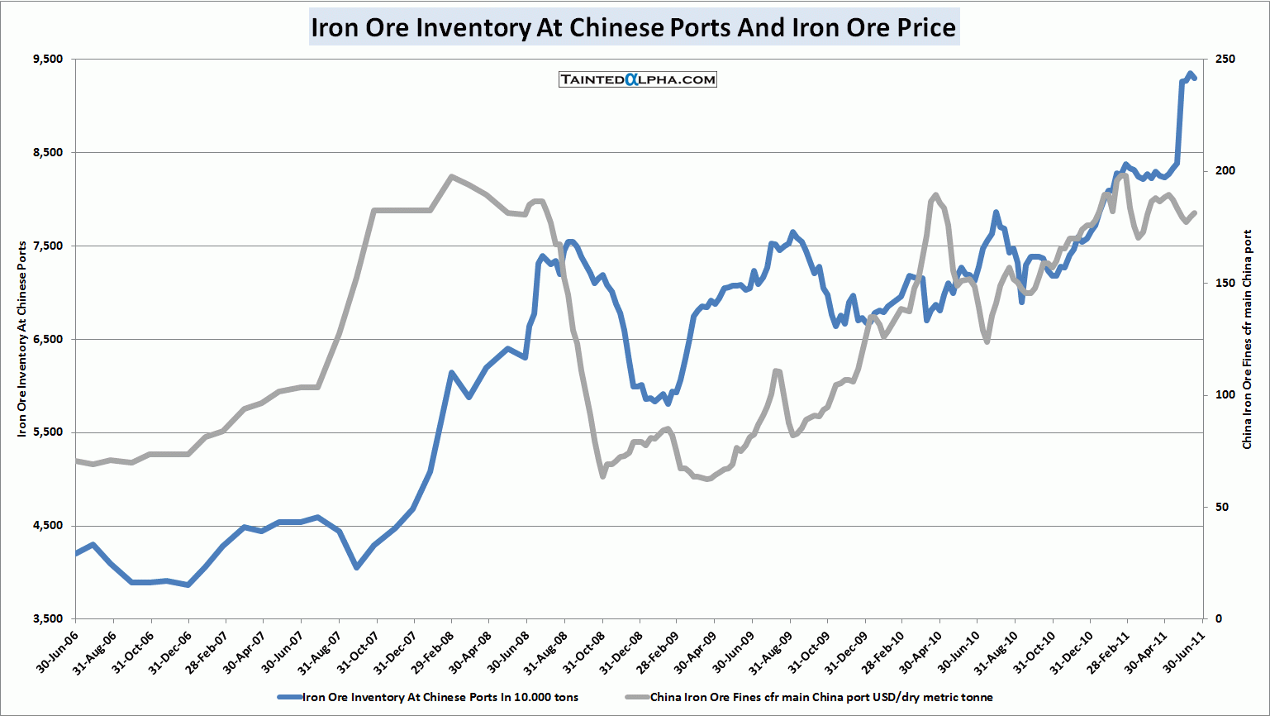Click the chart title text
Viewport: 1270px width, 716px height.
[x=634, y=27]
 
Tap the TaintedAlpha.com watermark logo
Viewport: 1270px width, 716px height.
[x=637, y=79]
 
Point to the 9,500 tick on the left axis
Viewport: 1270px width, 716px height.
[x=48, y=60]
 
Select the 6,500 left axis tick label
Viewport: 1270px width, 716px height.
[x=48, y=339]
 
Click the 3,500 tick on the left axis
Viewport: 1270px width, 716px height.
[x=48, y=619]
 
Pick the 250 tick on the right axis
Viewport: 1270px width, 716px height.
[x=1225, y=60]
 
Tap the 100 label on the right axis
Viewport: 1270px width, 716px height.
[x=1225, y=395]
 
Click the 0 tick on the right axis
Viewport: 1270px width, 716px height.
[x=1219, y=619]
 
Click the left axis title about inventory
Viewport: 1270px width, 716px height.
[x=22, y=339]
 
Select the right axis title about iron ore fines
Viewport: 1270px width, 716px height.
[x=1248, y=339]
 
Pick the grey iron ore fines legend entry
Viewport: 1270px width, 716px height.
[x=821, y=697]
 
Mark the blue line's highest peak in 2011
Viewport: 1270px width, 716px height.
[x=1190, y=74]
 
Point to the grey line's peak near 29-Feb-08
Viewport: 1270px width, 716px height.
[x=451, y=176]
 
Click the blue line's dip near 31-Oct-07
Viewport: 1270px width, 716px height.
[x=357, y=567]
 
